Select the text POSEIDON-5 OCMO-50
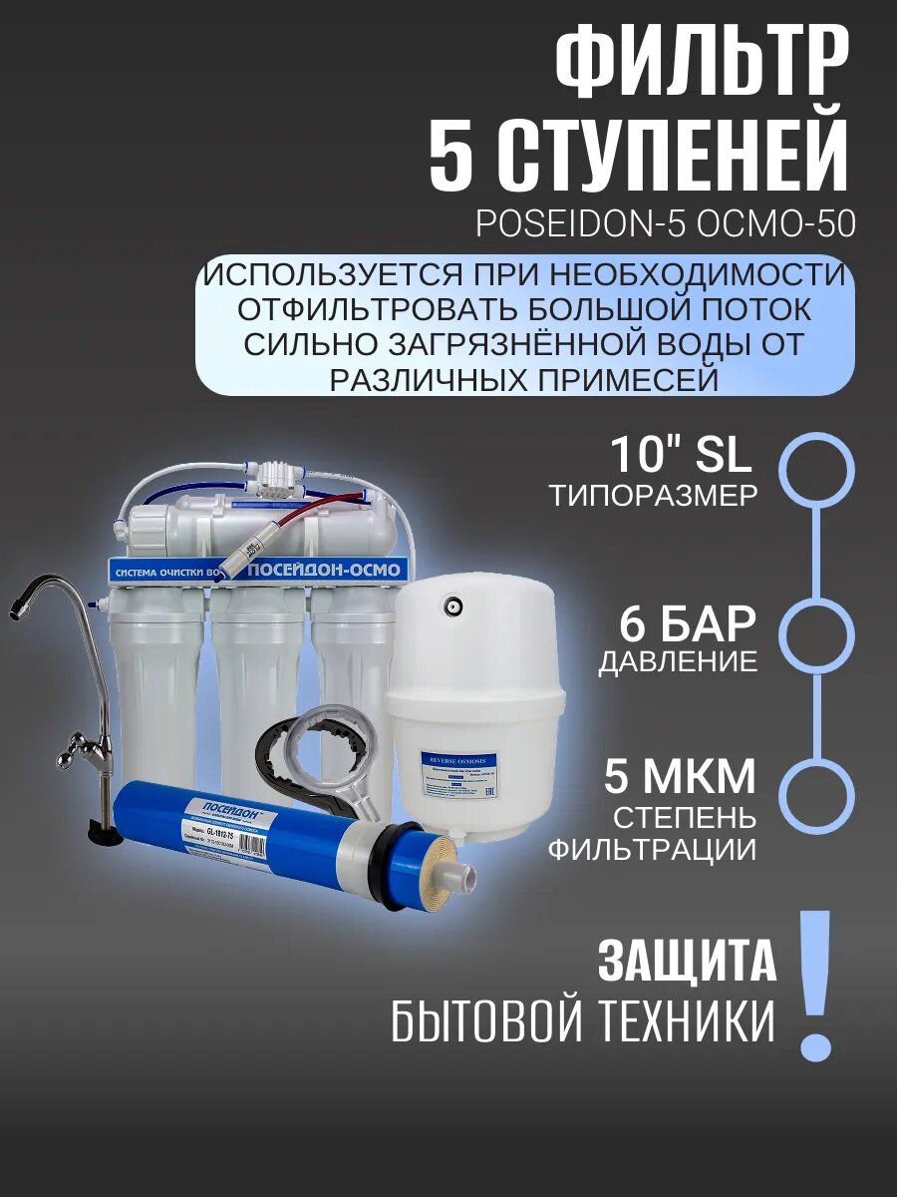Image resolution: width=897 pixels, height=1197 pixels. coord(665,224)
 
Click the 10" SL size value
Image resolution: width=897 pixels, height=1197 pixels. coord(682,456)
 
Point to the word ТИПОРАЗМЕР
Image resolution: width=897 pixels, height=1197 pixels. coord(653,496)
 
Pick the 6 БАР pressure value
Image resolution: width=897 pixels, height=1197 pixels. coord(688,624)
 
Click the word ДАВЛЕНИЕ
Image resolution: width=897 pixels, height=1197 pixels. coord(678,663)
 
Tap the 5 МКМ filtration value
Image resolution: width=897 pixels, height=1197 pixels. coord(680,779)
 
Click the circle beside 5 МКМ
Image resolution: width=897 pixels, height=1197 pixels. coord(816,796)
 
